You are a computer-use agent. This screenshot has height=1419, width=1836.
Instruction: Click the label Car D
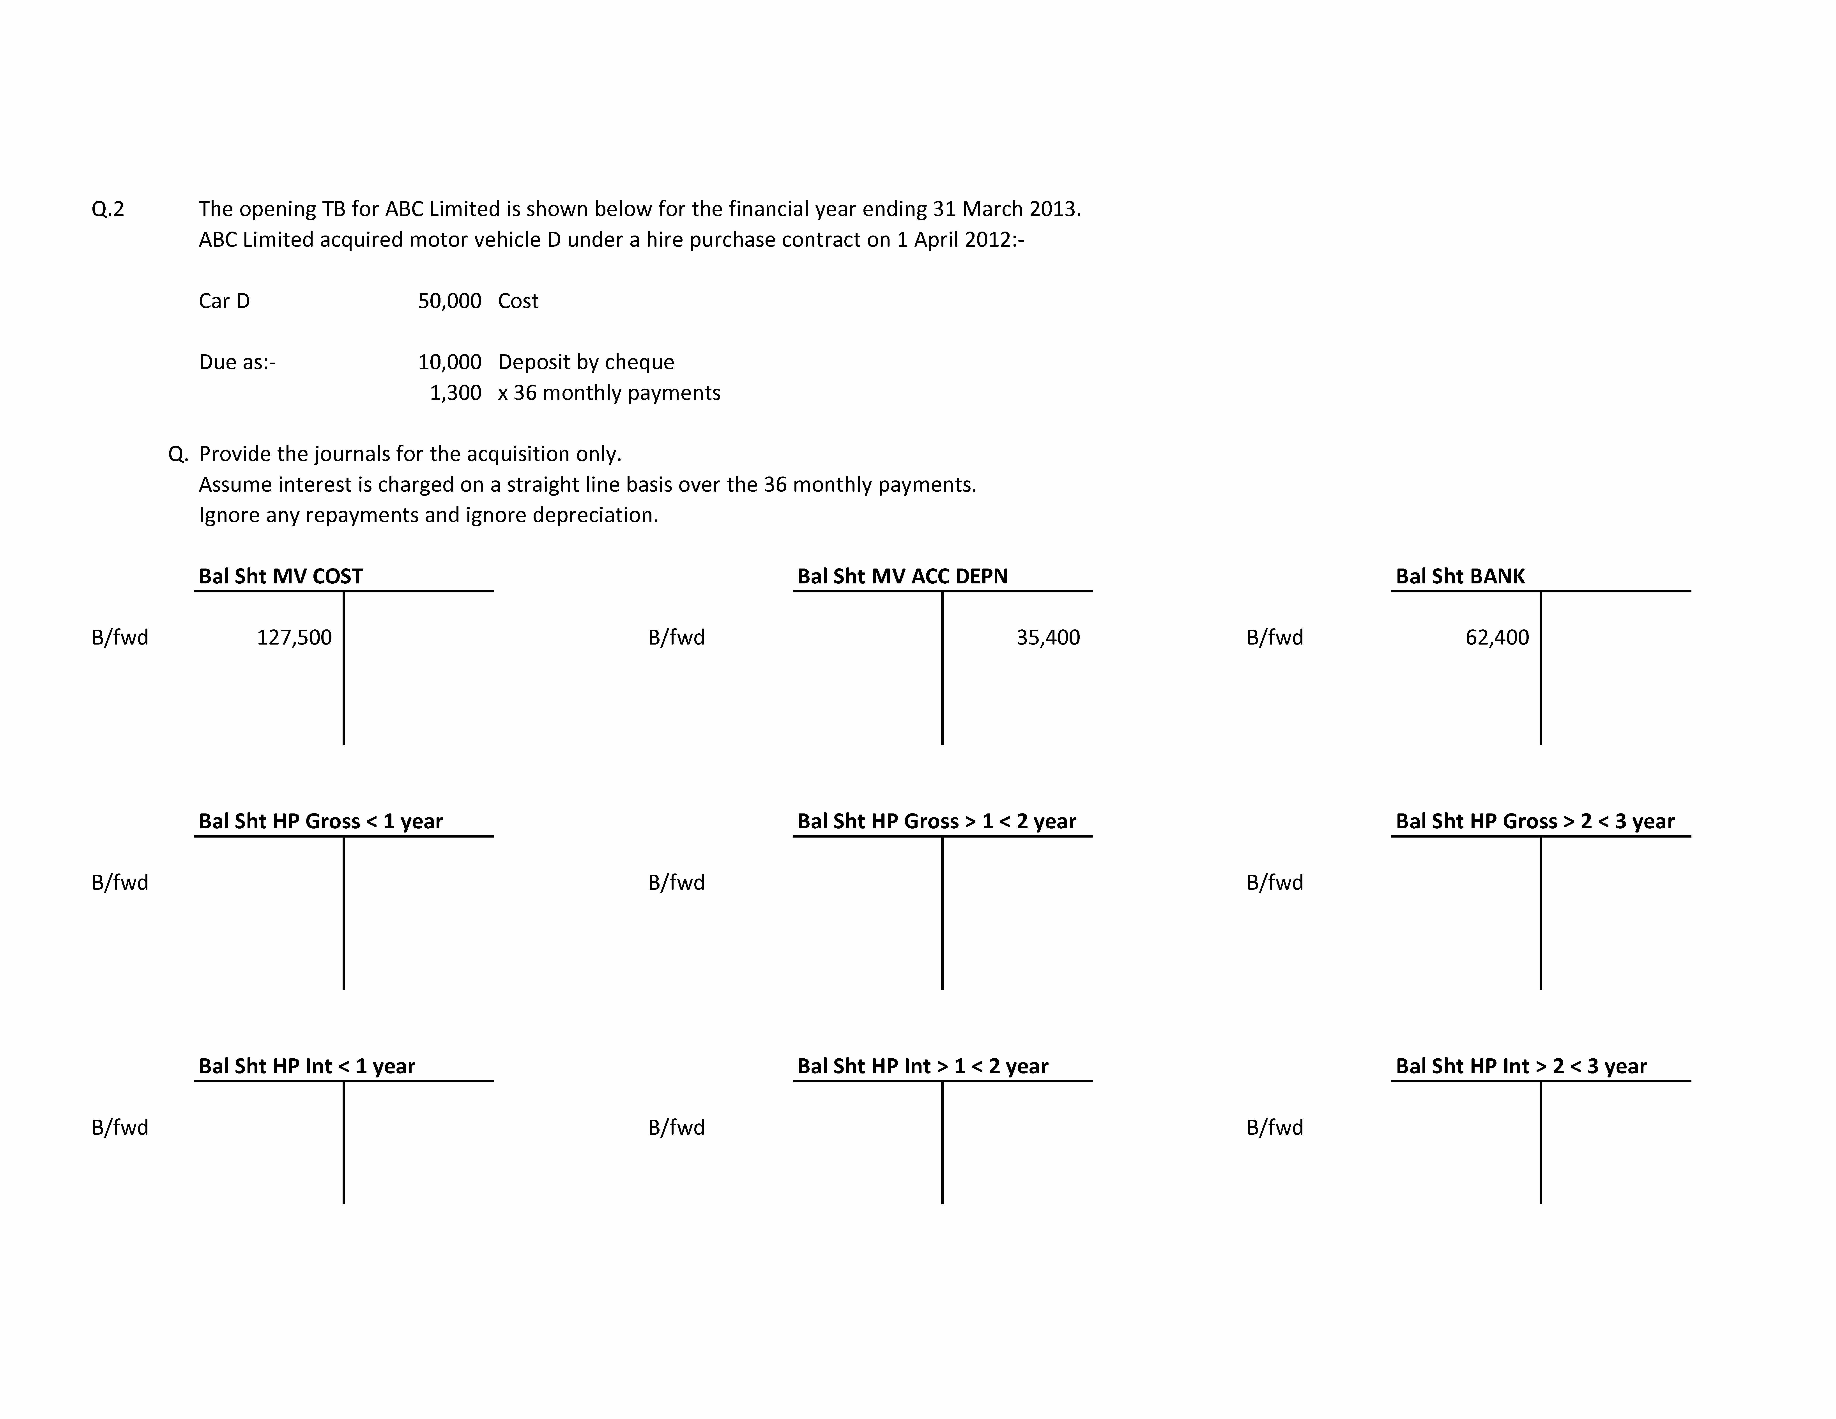click(224, 301)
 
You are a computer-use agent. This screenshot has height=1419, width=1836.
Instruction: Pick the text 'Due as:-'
click(237, 362)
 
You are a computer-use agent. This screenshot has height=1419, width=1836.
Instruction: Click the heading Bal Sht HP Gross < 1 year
click(320, 821)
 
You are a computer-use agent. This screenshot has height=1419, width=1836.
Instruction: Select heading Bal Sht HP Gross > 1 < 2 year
click(936, 821)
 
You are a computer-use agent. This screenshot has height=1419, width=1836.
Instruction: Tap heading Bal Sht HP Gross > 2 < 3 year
click(1535, 821)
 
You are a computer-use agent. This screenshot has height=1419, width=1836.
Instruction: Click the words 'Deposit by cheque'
click(586, 362)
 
